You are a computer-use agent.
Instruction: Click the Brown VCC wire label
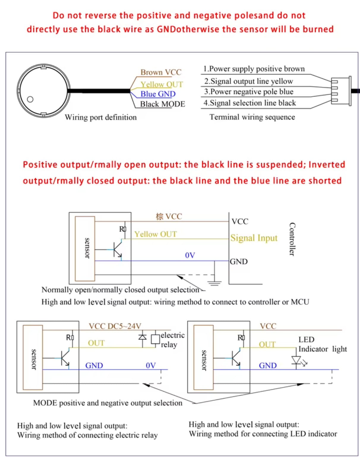(161, 72)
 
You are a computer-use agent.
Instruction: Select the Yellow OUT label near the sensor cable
(162, 84)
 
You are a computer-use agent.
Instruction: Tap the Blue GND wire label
(158, 94)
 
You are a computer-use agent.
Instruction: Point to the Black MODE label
(162, 104)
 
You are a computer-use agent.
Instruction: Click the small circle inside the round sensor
(30, 99)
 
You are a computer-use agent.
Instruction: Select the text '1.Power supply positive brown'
(254, 69)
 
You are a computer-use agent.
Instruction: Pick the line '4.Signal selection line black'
(250, 103)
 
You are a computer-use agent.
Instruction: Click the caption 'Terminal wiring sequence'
(252, 117)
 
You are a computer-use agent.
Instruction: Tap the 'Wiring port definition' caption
(101, 117)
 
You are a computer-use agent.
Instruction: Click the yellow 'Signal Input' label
(254, 238)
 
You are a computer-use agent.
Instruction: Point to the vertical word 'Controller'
(292, 239)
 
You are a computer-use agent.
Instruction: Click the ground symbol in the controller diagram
(214, 283)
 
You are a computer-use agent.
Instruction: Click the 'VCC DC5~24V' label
(115, 326)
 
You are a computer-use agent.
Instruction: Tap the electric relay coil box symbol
(155, 339)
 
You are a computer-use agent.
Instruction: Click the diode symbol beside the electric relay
(143, 337)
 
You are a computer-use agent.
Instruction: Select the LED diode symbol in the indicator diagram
(296, 360)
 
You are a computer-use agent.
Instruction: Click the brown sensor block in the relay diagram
(33, 357)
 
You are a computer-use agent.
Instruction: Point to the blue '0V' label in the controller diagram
(190, 255)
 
